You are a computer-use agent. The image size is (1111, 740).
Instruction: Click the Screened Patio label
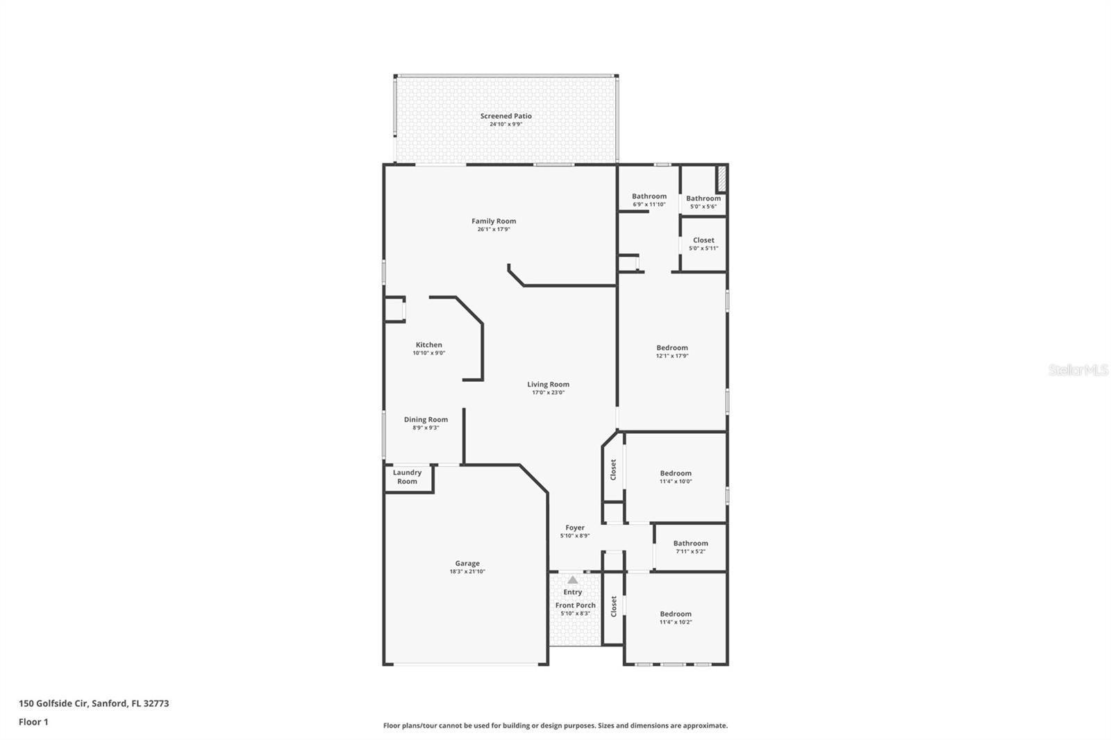[506, 116]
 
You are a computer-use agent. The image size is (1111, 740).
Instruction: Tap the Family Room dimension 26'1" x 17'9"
[494, 230]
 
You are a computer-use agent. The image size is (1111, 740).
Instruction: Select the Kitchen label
[428, 345]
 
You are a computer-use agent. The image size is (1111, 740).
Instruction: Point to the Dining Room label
[426, 419]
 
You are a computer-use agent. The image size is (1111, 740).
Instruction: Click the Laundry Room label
[407, 477]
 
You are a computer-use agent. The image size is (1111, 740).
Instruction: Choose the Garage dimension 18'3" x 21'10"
[467, 572]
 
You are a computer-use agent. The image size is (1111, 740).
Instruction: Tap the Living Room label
[548, 384]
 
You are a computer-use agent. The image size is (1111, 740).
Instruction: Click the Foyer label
[575, 528]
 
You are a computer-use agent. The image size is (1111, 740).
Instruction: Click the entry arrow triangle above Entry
[572, 579]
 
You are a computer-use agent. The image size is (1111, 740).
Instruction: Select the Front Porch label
[575, 605]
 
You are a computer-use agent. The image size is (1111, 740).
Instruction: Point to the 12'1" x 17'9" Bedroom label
[672, 348]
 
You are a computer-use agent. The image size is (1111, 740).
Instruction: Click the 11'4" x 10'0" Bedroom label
[676, 473]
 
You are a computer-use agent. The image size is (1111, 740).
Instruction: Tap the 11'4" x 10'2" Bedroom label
[676, 614]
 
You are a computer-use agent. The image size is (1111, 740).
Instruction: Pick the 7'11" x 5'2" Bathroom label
[690, 544]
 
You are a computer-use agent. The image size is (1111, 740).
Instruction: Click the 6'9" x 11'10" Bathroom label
[649, 196]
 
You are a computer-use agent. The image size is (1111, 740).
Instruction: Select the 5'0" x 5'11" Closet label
[703, 240]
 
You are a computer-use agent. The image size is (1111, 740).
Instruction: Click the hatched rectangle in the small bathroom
[721, 179]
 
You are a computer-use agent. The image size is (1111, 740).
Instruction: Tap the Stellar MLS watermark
[1078, 370]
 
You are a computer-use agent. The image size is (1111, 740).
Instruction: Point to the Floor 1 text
[33, 722]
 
